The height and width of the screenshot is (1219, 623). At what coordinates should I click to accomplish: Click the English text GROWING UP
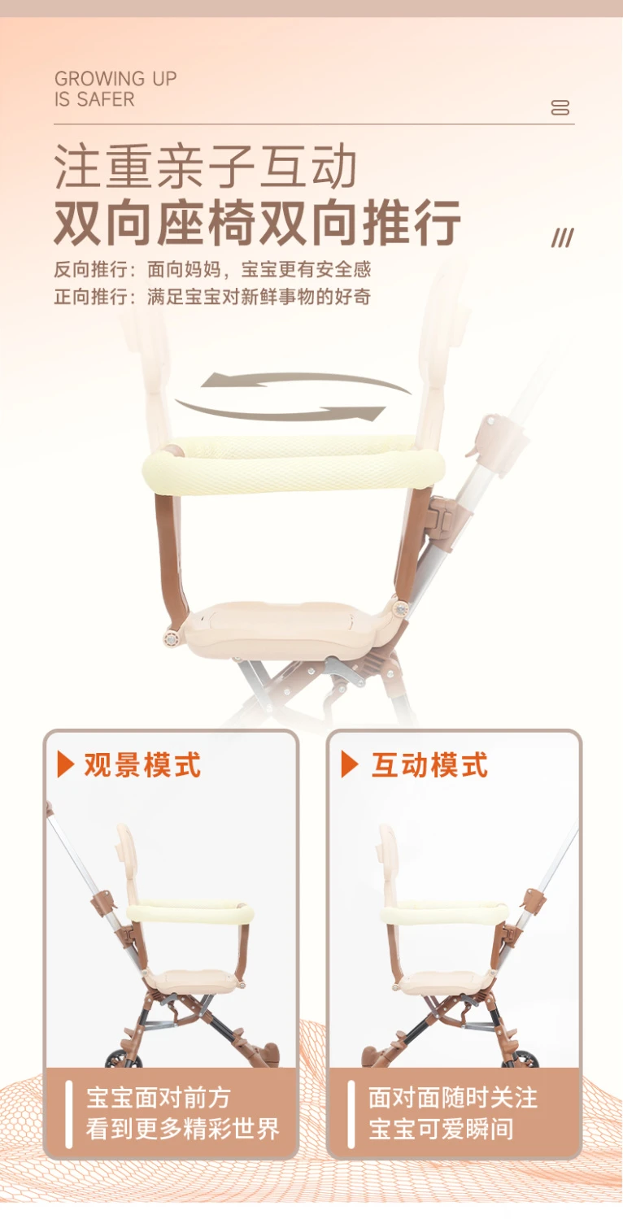pyautogui.click(x=115, y=78)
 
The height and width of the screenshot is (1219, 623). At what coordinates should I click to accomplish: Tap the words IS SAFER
pyautogui.click(x=94, y=99)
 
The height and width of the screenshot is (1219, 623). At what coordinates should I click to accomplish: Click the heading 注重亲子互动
pyautogui.click(x=205, y=167)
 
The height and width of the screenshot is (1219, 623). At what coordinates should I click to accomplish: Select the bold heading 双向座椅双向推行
pyautogui.click(x=257, y=223)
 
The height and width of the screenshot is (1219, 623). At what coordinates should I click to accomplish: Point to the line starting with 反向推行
pyautogui.click(x=212, y=269)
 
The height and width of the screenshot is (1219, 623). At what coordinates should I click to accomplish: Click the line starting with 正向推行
pyautogui.click(x=212, y=297)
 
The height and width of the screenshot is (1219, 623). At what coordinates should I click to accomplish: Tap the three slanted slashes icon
pyautogui.click(x=563, y=237)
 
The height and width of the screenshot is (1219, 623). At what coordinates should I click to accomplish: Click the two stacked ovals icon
pyautogui.click(x=560, y=107)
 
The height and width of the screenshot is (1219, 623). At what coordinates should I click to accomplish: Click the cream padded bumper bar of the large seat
pyautogui.click(x=294, y=464)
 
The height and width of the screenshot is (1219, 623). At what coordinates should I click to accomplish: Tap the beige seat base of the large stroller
pyautogui.click(x=289, y=629)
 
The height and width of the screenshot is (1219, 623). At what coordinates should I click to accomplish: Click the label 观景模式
pyautogui.click(x=142, y=765)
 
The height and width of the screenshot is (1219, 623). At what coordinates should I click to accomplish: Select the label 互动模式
pyautogui.click(x=430, y=765)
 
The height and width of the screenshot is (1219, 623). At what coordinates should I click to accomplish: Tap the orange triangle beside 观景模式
pyautogui.click(x=65, y=765)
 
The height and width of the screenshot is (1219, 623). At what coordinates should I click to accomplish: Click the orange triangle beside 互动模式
pyautogui.click(x=349, y=765)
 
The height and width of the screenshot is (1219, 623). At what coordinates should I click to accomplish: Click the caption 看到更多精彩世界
pyautogui.click(x=183, y=1129)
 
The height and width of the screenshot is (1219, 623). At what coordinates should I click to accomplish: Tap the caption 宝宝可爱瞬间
pyautogui.click(x=442, y=1129)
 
